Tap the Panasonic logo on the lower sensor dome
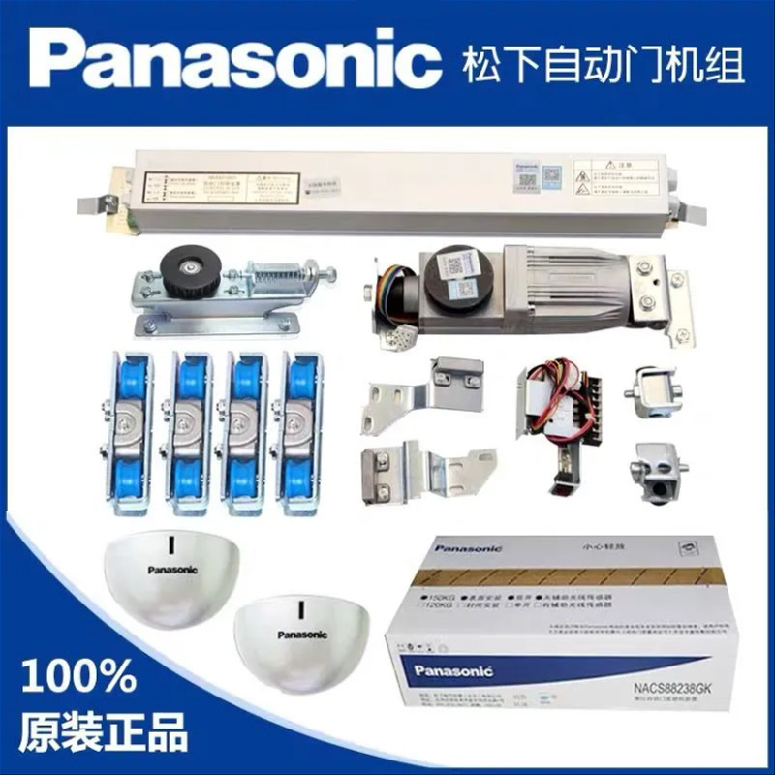coord(302,635)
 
